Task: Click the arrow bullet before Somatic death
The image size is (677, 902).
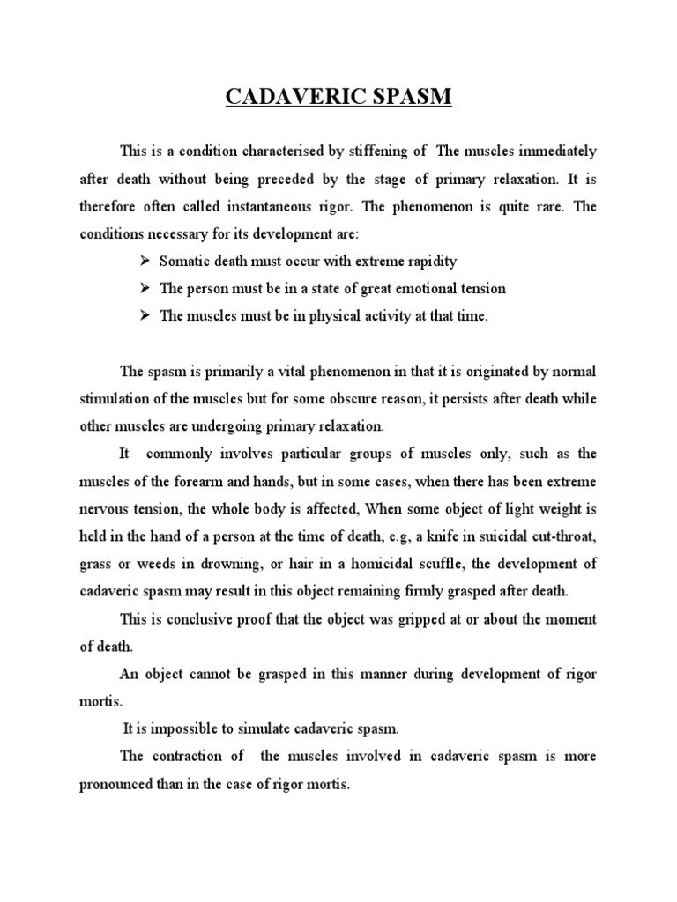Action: click(x=145, y=262)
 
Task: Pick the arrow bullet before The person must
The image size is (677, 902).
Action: click(x=145, y=288)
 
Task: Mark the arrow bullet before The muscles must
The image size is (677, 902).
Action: click(x=145, y=315)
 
